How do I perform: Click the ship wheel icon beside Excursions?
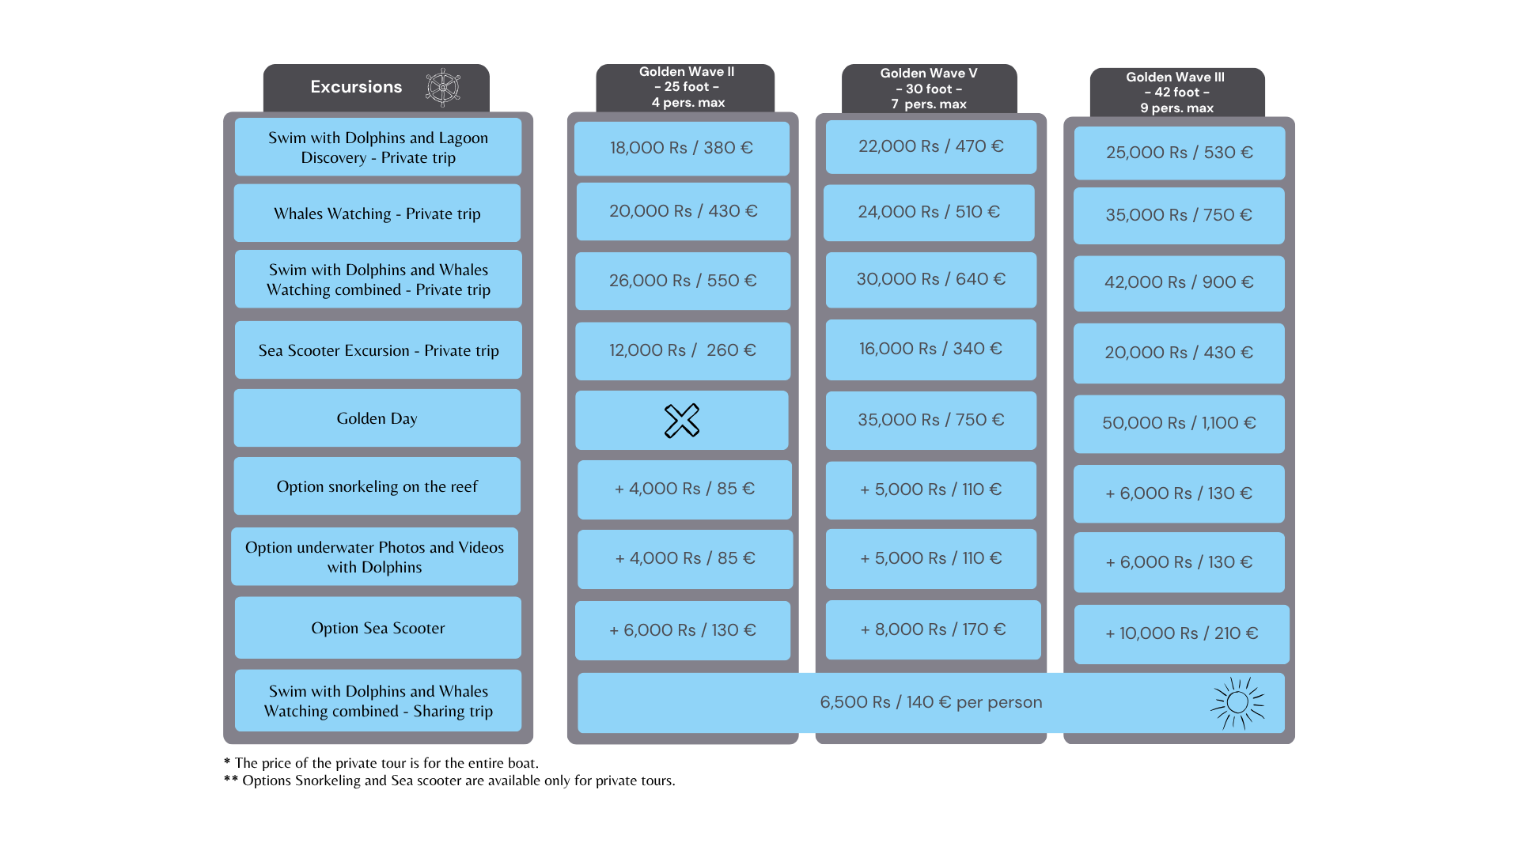tap(443, 87)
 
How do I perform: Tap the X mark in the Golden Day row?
tap(682, 421)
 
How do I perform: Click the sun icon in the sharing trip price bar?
tap(1237, 702)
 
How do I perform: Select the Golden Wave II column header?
tap(686, 87)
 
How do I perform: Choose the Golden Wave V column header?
tap(929, 89)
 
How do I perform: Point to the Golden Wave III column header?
tap(1177, 93)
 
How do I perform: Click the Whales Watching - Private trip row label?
tap(377, 213)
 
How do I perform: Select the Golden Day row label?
tap(377, 418)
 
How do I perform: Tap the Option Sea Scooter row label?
tap(378, 628)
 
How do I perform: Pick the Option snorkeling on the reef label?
tap(377, 486)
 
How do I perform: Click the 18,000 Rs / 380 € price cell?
tap(682, 148)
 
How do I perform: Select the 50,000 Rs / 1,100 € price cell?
tap(1179, 424)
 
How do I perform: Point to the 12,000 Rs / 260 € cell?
tap(683, 350)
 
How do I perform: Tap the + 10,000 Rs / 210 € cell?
tap(1182, 634)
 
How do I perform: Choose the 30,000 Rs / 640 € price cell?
tap(931, 280)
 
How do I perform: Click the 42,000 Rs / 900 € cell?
tap(1179, 283)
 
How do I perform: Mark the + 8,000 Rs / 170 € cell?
tap(934, 629)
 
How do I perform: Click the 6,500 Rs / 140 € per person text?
tap(931, 702)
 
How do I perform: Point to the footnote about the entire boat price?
tap(381, 763)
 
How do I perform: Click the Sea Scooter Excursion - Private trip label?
tap(379, 350)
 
